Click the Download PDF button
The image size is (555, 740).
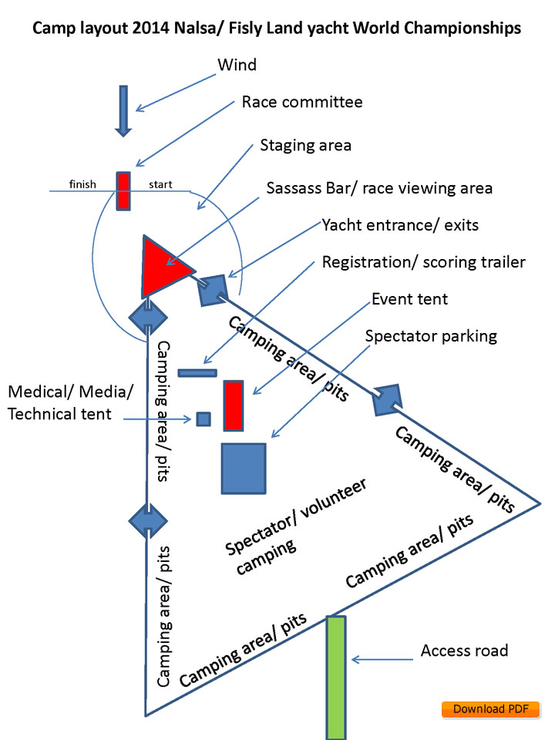click(489, 709)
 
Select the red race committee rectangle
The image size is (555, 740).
click(123, 190)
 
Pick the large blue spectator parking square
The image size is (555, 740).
click(244, 468)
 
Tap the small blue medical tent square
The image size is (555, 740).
click(203, 419)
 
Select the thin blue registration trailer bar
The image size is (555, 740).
click(197, 373)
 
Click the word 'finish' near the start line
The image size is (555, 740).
click(82, 184)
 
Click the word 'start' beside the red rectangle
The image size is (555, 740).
click(160, 184)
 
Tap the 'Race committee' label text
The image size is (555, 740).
click(301, 103)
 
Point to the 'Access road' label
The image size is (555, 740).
click(464, 651)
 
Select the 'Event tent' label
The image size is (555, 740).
click(409, 298)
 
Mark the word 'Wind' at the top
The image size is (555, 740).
click(237, 66)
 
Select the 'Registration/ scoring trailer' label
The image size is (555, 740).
click(424, 262)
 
